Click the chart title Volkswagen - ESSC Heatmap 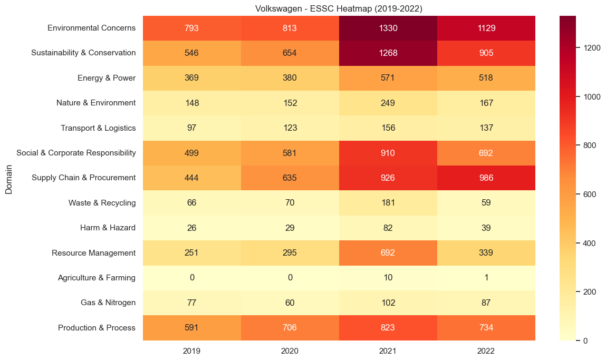pos(339,8)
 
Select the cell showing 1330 pos(388,28)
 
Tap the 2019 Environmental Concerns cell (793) pos(192,28)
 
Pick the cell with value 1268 pos(388,53)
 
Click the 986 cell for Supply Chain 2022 pos(486,178)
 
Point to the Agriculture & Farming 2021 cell pos(388,278)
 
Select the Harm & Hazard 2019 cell pos(192,228)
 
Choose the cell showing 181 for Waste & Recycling pos(388,203)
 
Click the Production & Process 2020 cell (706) pos(290,328)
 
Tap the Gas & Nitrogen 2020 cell pos(290,303)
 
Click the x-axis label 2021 pos(388,351)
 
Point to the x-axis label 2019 pos(192,351)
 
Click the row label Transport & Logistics pos(98,128)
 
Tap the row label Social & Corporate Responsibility pos(76,153)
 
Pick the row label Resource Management pos(93,253)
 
